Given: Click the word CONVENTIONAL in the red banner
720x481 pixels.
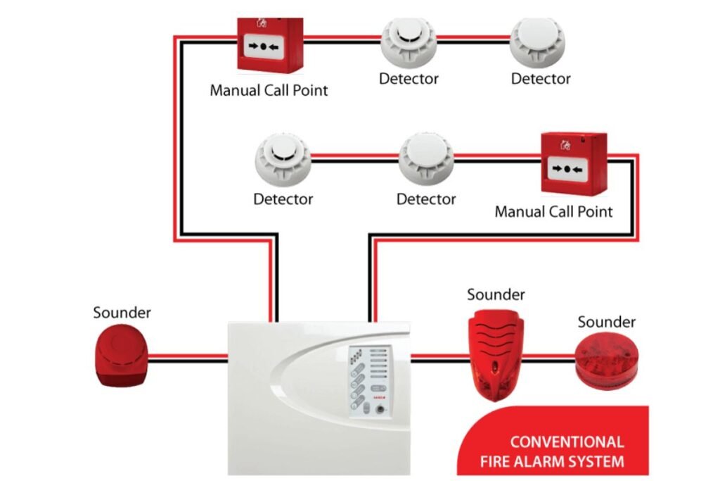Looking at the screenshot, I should [567, 442].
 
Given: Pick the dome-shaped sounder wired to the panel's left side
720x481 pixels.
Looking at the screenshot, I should [122, 358].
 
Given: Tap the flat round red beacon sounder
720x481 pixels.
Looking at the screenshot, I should [606, 360].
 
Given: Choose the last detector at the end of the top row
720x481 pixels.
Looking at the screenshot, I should [538, 41].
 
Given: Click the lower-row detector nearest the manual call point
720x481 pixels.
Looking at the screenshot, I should [426, 160].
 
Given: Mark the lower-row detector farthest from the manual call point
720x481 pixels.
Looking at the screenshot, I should [283, 160].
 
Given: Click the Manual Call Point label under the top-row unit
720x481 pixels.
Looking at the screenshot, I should [269, 90].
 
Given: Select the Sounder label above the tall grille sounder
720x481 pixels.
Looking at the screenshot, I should [496, 294].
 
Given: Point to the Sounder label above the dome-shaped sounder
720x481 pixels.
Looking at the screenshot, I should [122, 312].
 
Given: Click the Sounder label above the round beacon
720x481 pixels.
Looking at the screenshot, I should [606, 322].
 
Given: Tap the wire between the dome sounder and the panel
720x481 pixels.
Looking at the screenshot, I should [188, 358].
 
